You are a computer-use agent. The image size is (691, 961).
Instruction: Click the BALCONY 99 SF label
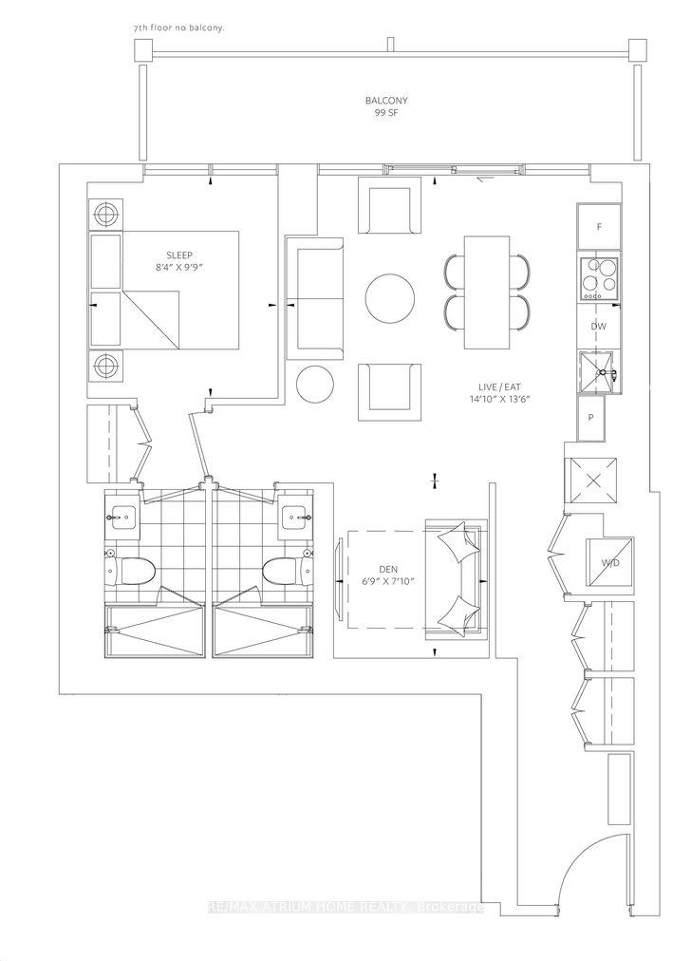tap(386, 106)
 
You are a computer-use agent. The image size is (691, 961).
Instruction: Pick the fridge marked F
tap(599, 227)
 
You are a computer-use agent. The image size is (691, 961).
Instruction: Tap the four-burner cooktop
tap(600, 278)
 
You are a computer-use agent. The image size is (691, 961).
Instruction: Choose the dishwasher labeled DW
tap(599, 326)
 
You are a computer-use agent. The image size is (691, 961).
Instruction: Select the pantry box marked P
tap(591, 418)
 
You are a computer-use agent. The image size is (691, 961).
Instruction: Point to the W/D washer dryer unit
tap(609, 562)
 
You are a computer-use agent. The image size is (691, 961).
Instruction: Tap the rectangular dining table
tap(487, 292)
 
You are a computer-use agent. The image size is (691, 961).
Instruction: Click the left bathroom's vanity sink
tap(122, 519)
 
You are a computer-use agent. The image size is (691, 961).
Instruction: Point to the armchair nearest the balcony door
tap(389, 206)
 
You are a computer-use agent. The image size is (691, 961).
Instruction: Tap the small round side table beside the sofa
tap(315, 385)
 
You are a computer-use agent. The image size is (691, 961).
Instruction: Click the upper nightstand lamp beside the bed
tap(105, 215)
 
